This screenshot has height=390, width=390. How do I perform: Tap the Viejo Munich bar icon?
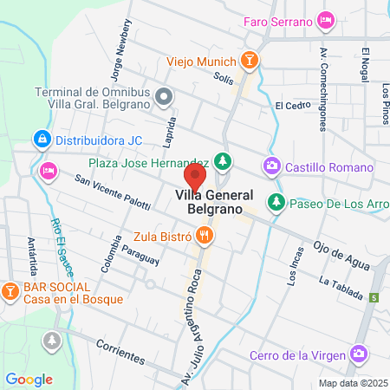point(250,61)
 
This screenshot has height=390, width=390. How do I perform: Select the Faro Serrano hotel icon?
point(326,18)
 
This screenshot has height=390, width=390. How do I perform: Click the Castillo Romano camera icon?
point(272,166)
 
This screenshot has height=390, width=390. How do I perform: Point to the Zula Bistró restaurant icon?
point(205,234)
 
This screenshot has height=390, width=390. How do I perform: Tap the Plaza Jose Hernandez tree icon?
point(223,162)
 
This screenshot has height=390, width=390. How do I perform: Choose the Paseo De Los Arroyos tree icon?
point(276,203)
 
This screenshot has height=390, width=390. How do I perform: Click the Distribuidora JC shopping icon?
point(41,139)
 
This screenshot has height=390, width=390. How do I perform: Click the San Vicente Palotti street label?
point(112,190)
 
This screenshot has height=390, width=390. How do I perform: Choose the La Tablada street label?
point(340,287)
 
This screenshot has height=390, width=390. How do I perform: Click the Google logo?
point(29,379)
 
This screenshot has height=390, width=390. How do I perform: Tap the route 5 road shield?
point(374,297)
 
